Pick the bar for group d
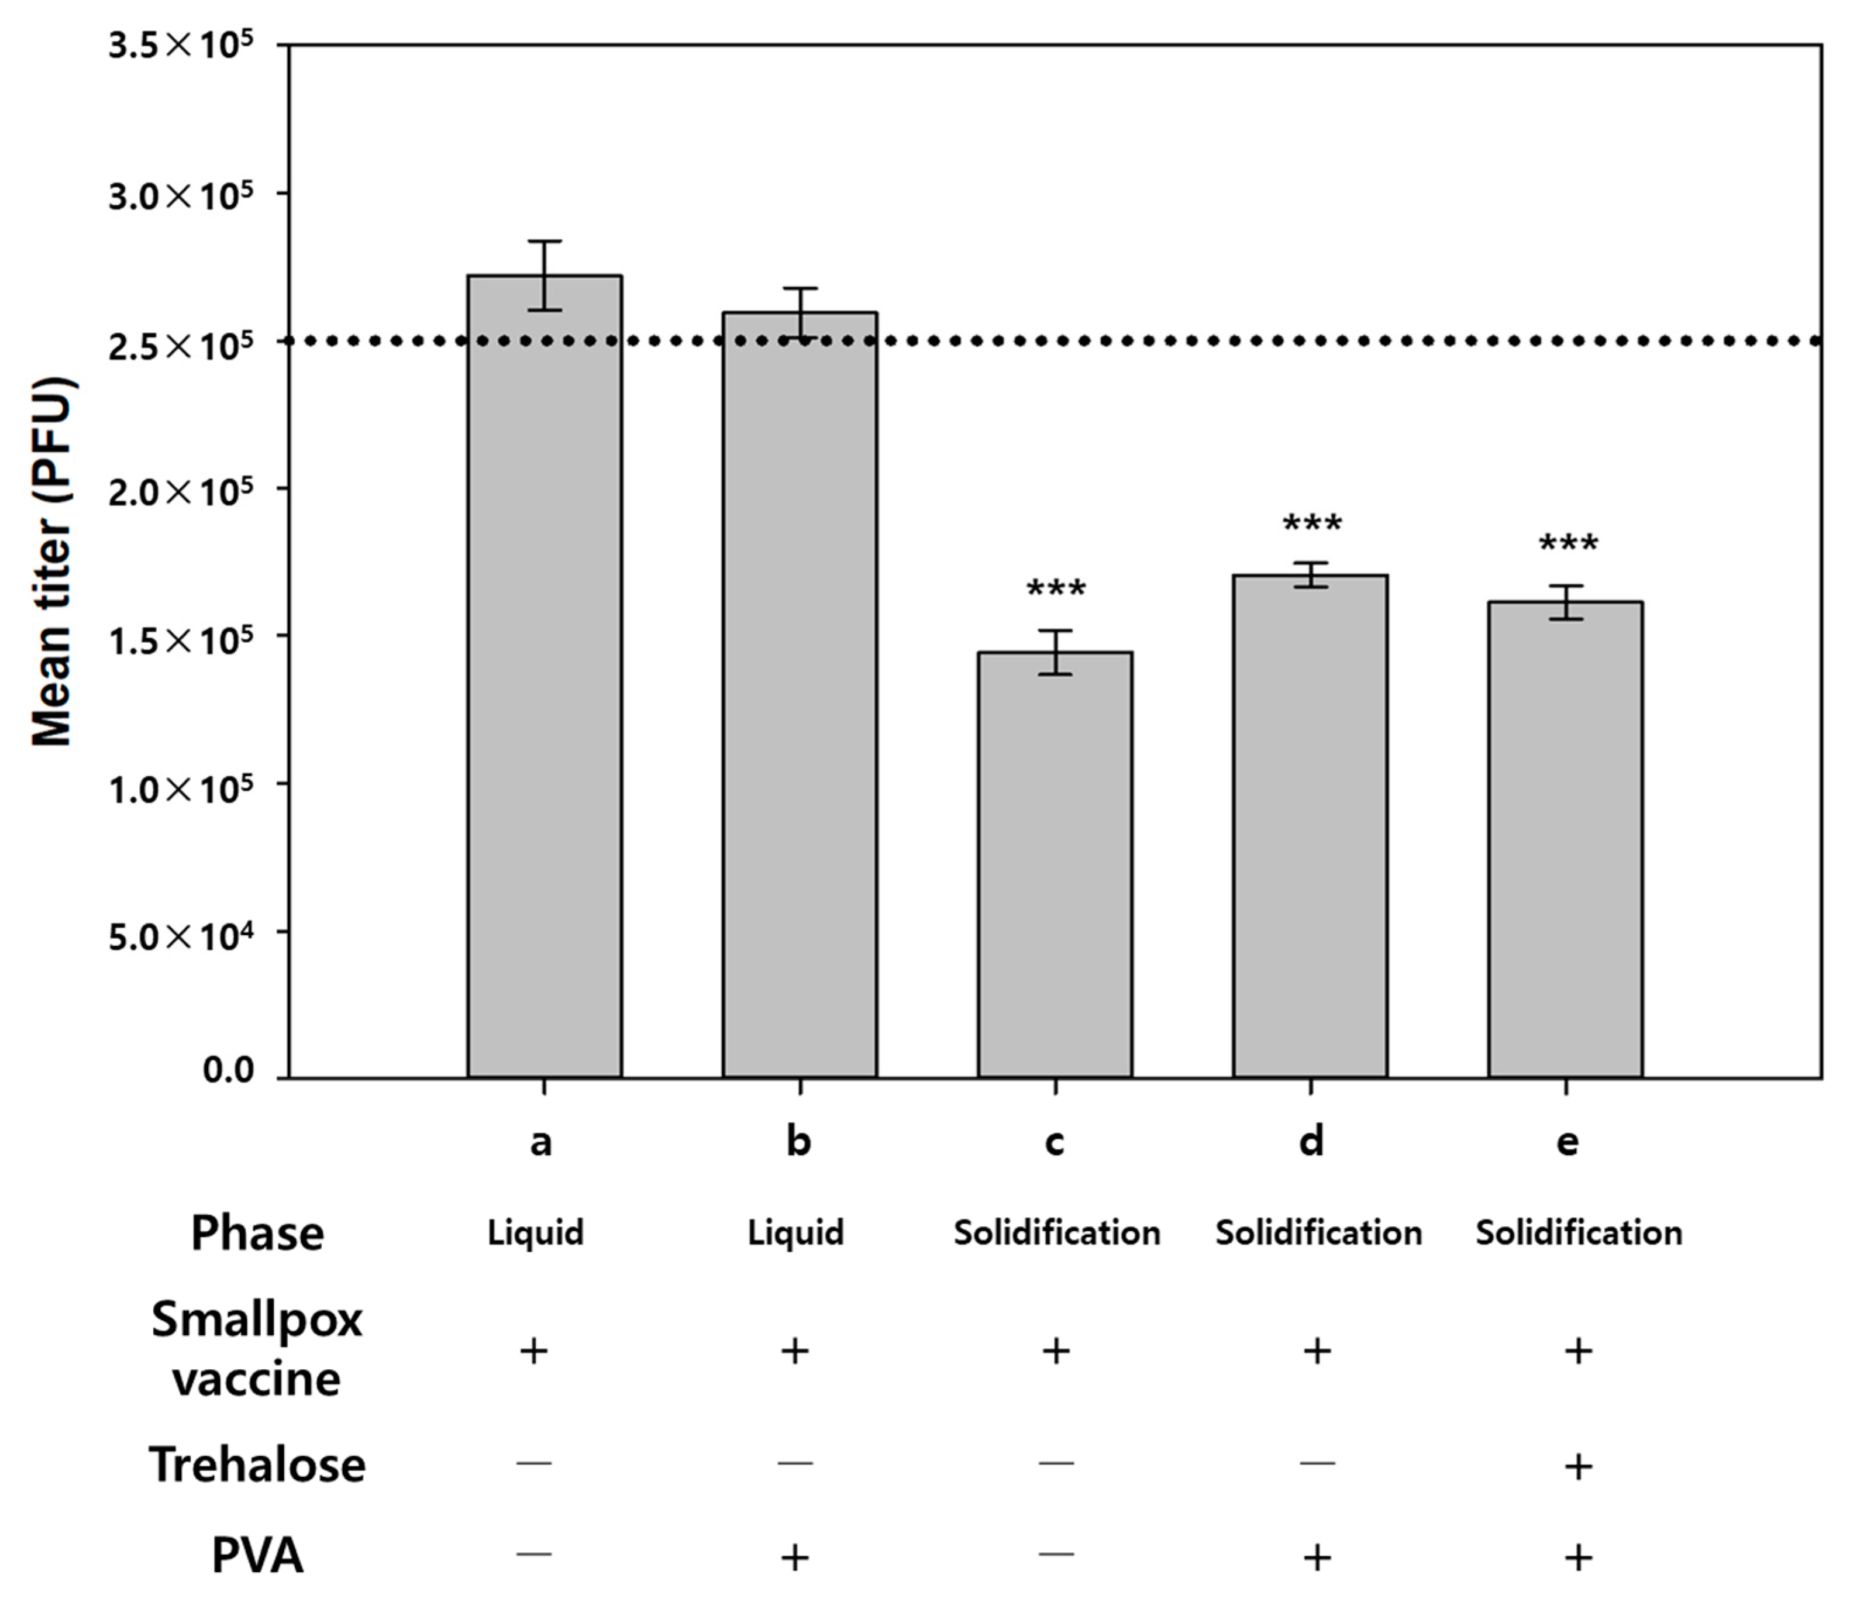coord(1310,825)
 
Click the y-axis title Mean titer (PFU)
coord(52,561)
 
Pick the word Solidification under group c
coord(1057,1233)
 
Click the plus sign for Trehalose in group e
coord(1578,1466)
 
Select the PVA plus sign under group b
coord(794,1557)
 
